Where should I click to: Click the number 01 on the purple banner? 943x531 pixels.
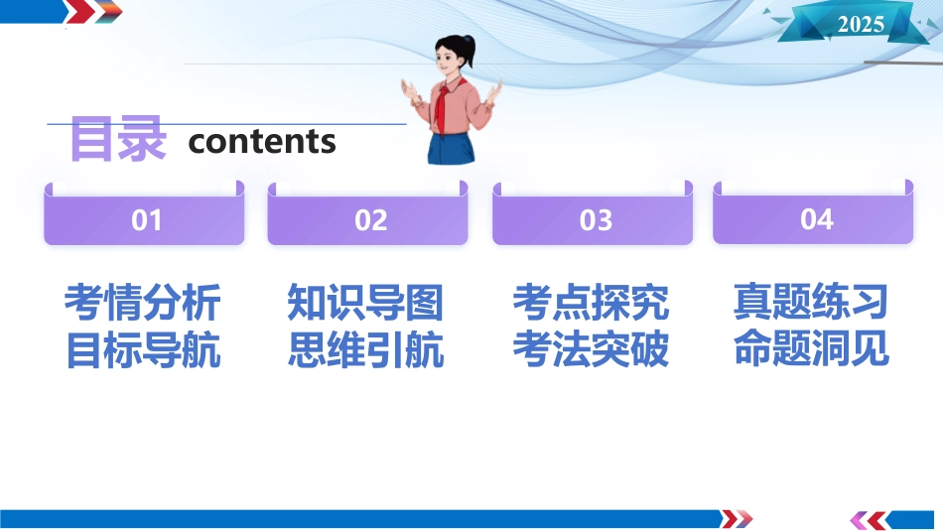pyautogui.click(x=146, y=220)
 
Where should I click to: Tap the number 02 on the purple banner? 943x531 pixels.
pyautogui.click(x=370, y=220)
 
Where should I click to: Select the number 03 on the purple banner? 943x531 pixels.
pyautogui.click(x=596, y=220)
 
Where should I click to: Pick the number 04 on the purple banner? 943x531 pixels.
pyautogui.click(x=816, y=219)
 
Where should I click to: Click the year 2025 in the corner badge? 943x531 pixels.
pyautogui.click(x=861, y=24)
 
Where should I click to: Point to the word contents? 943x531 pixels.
pyautogui.click(x=262, y=142)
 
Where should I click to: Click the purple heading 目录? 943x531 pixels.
pyautogui.click(x=118, y=140)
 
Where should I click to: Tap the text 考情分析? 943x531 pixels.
pyautogui.click(x=143, y=303)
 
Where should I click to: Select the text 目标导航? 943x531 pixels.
pyautogui.click(x=143, y=350)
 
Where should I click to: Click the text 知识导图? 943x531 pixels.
pyautogui.click(x=365, y=303)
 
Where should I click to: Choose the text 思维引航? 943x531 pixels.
pyautogui.click(x=365, y=350)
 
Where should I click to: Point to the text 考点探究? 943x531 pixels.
pyautogui.click(x=591, y=303)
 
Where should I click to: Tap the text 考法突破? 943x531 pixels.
pyautogui.click(x=591, y=350)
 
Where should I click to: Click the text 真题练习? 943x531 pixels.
pyautogui.click(x=811, y=302)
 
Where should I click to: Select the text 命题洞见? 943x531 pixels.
pyautogui.click(x=811, y=348)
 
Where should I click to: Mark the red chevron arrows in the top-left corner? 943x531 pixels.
pyautogui.click(x=93, y=12)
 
